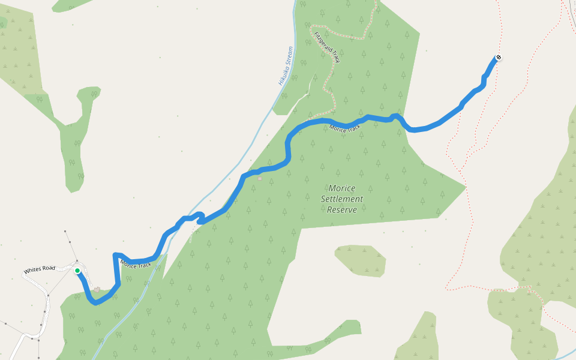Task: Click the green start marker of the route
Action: (x=77, y=271)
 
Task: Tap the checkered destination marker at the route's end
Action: (x=498, y=58)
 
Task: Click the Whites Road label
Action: (x=40, y=270)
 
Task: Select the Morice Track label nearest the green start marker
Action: (x=136, y=264)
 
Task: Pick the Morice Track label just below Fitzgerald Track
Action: (x=345, y=128)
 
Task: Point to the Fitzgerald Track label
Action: (x=327, y=47)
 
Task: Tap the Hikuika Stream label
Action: (x=286, y=65)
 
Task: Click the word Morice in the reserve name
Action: (x=342, y=188)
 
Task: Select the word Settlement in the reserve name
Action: (x=342, y=199)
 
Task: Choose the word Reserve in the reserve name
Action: (x=342, y=209)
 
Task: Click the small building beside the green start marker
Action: (x=97, y=290)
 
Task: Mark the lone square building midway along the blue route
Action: (x=260, y=178)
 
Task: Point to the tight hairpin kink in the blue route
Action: (x=200, y=217)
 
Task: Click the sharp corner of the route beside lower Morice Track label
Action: (x=115, y=255)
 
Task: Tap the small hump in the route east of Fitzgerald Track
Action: (x=395, y=115)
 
